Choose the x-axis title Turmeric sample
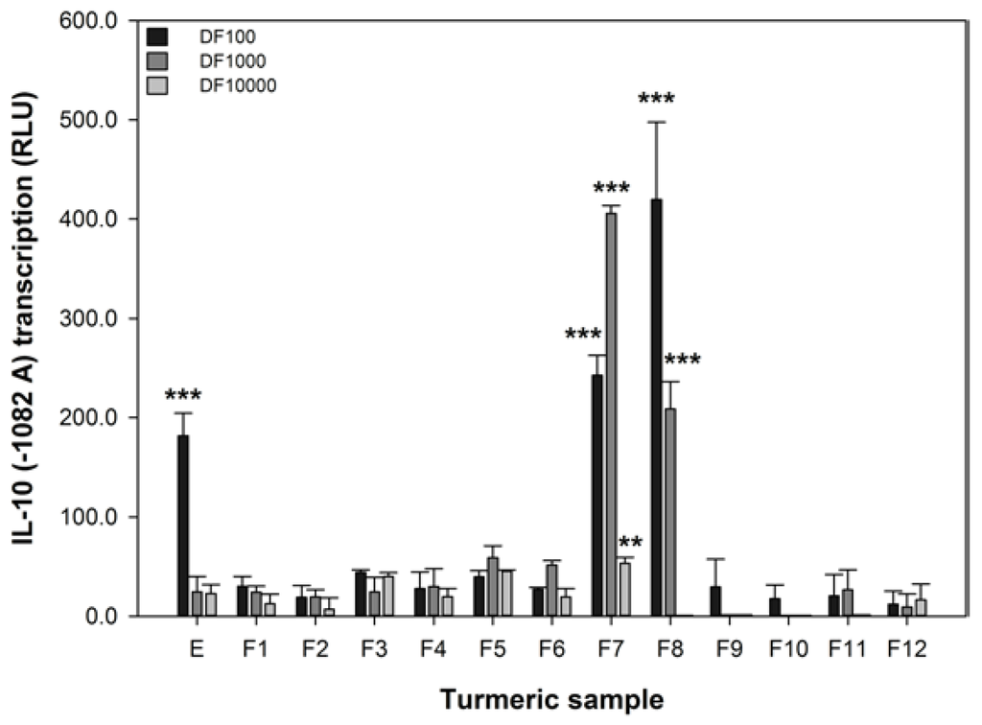[551, 699]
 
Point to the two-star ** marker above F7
[631, 543]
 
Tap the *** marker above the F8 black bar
[657, 100]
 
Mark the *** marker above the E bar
[182, 395]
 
